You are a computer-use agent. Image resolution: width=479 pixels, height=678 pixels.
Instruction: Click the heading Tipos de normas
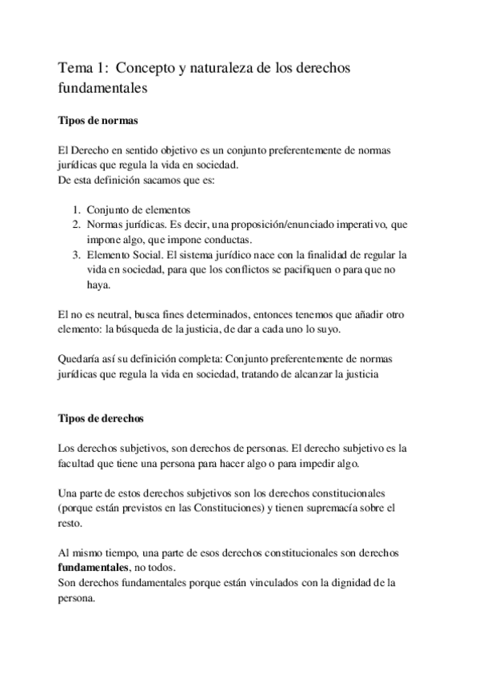pos(98,121)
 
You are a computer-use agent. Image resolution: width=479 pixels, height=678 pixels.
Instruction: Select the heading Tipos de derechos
pos(102,419)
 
